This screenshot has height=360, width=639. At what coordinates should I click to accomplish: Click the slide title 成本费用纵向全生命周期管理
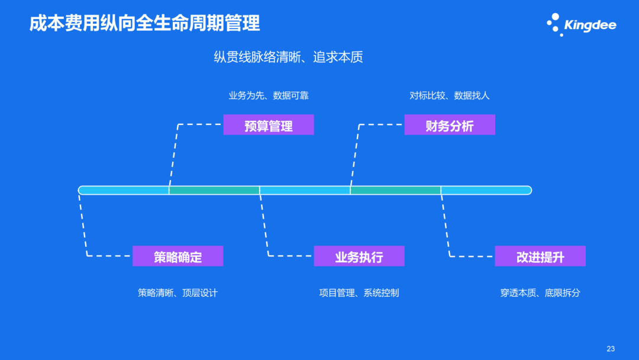(x=144, y=24)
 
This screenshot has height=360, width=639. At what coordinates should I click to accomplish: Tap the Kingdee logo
(x=581, y=25)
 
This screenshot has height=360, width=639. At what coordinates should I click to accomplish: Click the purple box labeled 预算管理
(x=268, y=125)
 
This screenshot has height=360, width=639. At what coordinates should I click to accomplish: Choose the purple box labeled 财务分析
(x=449, y=125)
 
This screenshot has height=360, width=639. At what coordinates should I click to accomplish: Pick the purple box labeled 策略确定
(x=177, y=256)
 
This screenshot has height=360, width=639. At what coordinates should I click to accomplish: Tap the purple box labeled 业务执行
(x=359, y=256)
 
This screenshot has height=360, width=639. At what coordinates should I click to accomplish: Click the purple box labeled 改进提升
(x=540, y=256)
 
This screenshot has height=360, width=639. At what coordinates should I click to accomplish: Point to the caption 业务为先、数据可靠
(x=268, y=95)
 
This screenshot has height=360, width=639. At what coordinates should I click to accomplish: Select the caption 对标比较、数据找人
(x=449, y=95)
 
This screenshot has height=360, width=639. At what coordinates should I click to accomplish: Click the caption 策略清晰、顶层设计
(x=177, y=292)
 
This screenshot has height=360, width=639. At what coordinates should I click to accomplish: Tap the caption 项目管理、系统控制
(x=359, y=292)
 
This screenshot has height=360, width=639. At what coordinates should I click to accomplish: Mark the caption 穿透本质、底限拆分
(x=540, y=292)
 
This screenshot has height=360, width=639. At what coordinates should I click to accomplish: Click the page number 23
(x=611, y=348)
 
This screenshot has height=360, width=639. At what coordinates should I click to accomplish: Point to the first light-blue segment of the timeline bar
(x=124, y=190)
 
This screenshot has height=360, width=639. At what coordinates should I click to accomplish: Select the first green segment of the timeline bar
(x=214, y=190)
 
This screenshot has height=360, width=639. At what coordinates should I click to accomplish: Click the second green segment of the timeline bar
(x=395, y=190)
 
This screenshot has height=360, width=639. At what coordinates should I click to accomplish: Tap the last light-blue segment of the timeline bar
(x=486, y=190)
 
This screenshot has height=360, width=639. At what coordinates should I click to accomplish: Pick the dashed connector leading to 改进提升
(x=446, y=231)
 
